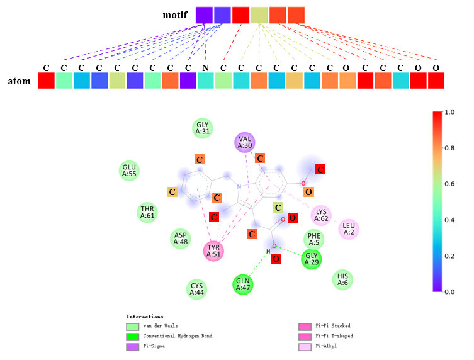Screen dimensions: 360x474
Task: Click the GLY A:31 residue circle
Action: (x=202, y=128)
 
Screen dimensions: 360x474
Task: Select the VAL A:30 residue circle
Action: (x=245, y=142)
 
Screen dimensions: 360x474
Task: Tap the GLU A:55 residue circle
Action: (x=129, y=171)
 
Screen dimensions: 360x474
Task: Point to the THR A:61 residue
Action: (x=147, y=212)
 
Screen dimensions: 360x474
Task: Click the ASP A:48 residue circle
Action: (x=181, y=239)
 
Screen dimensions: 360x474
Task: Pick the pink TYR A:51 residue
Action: (x=214, y=250)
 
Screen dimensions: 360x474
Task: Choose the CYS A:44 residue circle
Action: (x=198, y=289)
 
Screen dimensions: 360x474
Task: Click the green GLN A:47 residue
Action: (x=243, y=284)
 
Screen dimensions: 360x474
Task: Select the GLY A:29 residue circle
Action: (x=312, y=259)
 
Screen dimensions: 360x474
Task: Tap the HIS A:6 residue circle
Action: (x=342, y=279)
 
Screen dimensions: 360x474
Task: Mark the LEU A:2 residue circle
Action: (x=349, y=229)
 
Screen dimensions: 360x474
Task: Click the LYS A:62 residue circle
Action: (x=321, y=216)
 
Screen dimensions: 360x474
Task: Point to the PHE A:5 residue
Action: (x=313, y=239)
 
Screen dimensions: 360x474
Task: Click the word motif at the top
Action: (x=174, y=14)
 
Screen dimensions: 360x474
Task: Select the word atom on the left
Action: (x=20, y=81)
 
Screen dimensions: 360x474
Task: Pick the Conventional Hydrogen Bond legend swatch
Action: (x=132, y=337)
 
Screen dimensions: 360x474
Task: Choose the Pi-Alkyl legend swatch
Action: (x=305, y=346)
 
